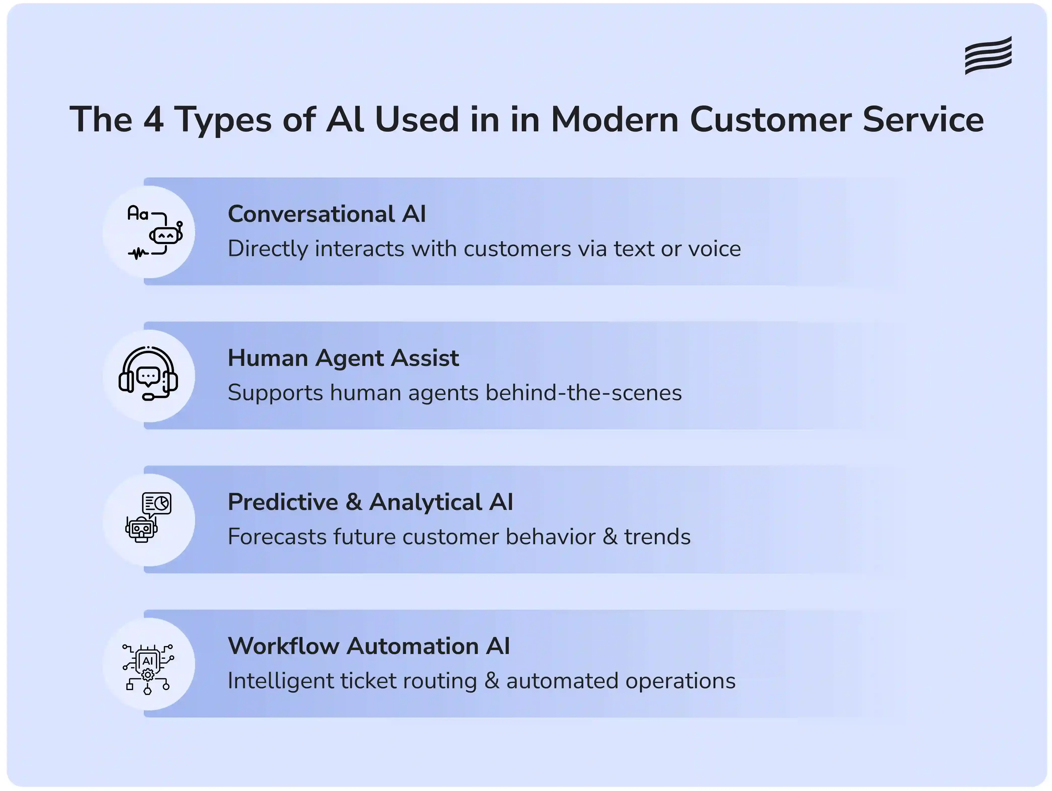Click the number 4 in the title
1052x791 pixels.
tap(154, 119)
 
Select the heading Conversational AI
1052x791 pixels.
tap(327, 214)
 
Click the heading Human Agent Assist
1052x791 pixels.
tap(343, 358)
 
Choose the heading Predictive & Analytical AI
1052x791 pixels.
tap(370, 502)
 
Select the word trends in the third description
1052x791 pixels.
tap(657, 537)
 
